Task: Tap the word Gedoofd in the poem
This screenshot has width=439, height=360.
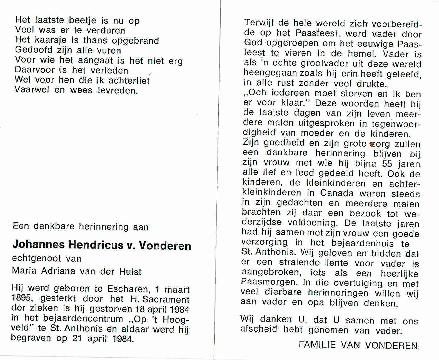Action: pyautogui.click(x=34, y=50)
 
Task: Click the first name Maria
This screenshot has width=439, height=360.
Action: pyautogui.click(x=24, y=271)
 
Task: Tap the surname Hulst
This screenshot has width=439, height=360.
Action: pyautogui.click(x=130, y=272)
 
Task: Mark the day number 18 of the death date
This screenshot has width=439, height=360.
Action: pyautogui.click(x=139, y=309)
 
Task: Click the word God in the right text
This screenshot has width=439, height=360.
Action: pyautogui.click(x=253, y=43)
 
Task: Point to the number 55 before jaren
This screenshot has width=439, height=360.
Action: pyautogui.click(x=387, y=163)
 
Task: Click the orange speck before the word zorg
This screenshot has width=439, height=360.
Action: pyautogui.click(x=371, y=144)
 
